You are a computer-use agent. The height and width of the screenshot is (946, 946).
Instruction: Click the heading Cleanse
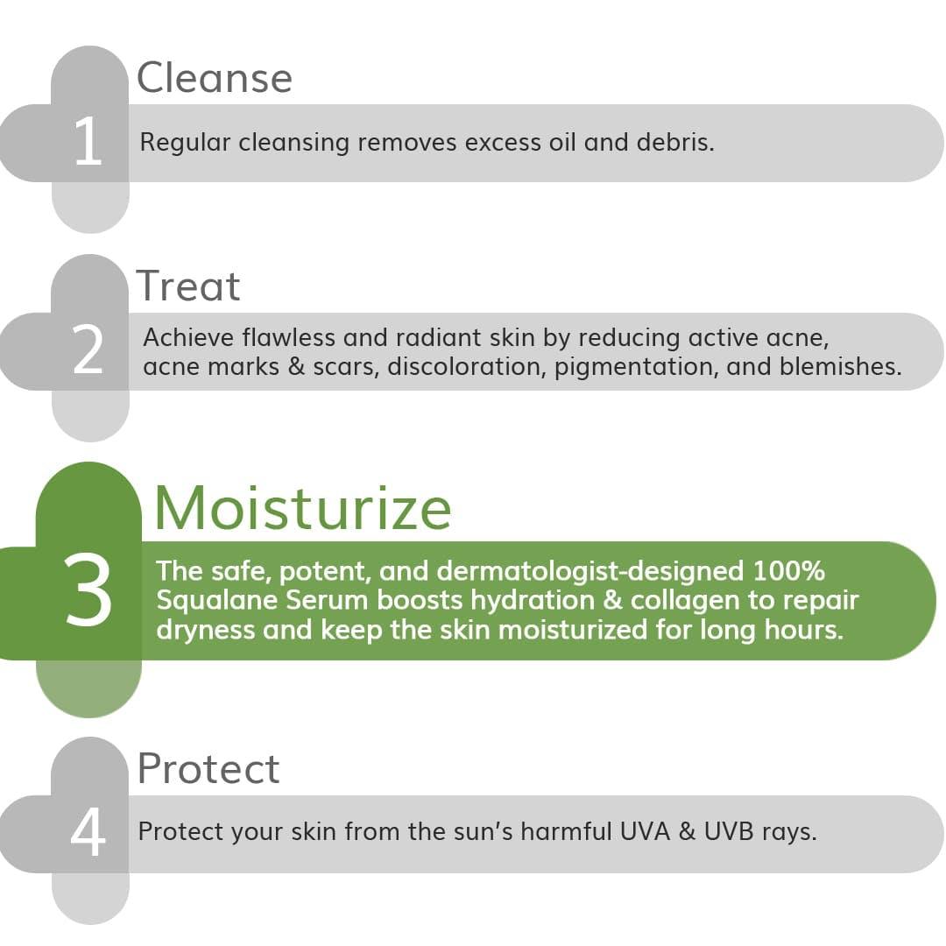215,78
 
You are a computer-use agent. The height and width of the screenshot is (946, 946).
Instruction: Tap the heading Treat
188,286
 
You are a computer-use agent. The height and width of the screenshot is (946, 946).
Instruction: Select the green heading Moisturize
303,508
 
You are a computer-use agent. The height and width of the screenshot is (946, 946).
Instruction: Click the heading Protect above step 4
208,769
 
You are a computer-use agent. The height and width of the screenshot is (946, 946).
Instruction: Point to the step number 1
88,141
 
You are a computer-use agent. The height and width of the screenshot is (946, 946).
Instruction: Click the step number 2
88,349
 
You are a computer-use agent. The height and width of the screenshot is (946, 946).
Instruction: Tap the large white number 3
88,589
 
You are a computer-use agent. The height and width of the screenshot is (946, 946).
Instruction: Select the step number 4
88,831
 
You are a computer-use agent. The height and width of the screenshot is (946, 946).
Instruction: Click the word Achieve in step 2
188,337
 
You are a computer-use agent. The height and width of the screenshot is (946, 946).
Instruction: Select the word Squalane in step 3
217,601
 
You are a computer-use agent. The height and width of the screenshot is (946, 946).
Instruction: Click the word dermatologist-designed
590,572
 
